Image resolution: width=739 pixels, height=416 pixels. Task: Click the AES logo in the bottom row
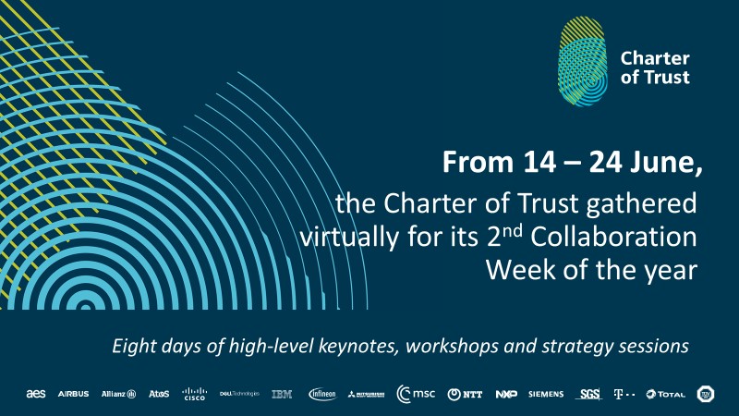[x=37, y=394]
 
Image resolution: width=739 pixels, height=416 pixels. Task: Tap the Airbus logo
[x=73, y=394]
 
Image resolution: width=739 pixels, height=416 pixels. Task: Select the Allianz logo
[x=118, y=394]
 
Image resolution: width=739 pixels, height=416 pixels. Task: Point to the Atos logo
[x=159, y=394]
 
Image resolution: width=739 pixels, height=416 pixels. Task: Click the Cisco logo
[x=195, y=394]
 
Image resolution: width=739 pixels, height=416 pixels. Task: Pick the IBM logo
[x=282, y=394]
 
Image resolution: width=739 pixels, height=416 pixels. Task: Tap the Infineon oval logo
[x=323, y=394]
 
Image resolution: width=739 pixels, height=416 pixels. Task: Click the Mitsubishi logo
[x=366, y=395]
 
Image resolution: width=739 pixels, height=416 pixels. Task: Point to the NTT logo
[x=466, y=394]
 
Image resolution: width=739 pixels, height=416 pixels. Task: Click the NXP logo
[x=505, y=394]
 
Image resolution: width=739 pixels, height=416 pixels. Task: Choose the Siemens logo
[x=546, y=394]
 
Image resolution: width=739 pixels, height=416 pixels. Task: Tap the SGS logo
[x=589, y=394]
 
